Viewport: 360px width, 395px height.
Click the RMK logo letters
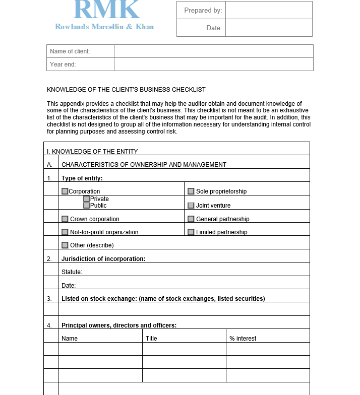coord(106,9)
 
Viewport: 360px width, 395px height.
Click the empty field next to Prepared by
coord(268,10)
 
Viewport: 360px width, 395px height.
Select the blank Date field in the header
coord(268,28)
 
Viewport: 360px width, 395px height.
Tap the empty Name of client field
coord(213,51)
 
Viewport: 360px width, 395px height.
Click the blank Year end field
coord(213,64)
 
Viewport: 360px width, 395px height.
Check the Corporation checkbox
coord(65,191)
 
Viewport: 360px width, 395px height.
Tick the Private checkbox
coord(87,199)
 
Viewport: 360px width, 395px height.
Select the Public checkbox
coord(87,206)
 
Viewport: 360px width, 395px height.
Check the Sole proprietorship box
coord(191,191)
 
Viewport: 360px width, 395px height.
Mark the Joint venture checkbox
coord(191,206)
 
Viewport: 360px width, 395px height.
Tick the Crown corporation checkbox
coord(65,219)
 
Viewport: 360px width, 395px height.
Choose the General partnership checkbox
coord(191,219)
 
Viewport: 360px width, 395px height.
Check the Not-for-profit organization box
coord(65,232)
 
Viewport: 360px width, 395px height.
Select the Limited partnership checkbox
coord(191,232)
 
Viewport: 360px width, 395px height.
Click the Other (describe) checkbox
coord(65,245)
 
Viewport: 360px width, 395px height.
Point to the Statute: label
coord(72,272)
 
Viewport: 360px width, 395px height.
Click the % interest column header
coord(243,339)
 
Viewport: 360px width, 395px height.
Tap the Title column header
coord(151,339)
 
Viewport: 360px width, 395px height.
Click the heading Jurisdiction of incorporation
coord(103,259)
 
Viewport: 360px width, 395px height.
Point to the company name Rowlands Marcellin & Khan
coord(104,27)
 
